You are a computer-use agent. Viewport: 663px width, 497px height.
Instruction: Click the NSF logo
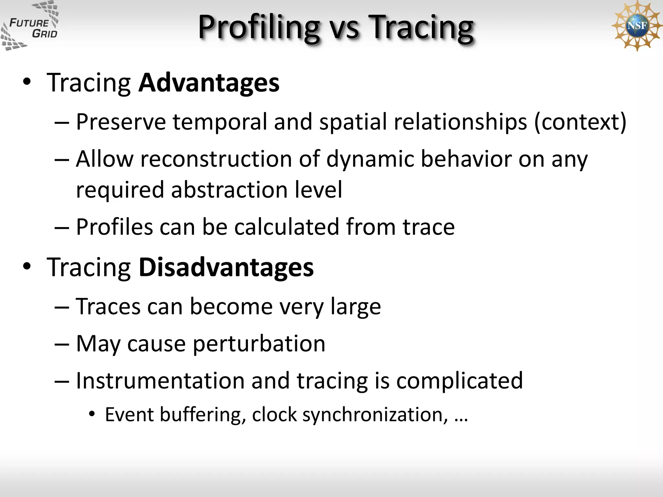(x=636, y=26)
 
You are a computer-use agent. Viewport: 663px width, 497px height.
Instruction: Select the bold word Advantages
(x=209, y=83)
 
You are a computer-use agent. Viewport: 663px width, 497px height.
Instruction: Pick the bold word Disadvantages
(x=226, y=268)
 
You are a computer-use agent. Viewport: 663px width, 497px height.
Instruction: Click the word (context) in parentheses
(x=580, y=122)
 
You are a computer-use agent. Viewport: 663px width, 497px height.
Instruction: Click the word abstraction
(x=229, y=190)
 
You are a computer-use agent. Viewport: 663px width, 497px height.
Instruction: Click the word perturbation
(x=259, y=344)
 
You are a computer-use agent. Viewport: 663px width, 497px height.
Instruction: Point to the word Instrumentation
(x=160, y=381)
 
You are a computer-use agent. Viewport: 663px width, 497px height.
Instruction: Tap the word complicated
(x=459, y=381)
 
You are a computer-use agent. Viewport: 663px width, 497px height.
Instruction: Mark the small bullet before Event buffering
(x=92, y=414)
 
